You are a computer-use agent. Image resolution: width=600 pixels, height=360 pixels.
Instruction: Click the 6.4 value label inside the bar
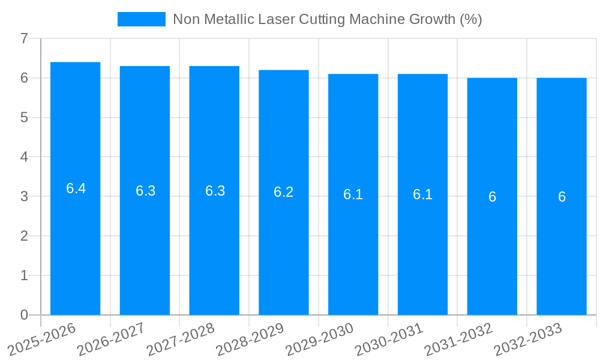click(76, 188)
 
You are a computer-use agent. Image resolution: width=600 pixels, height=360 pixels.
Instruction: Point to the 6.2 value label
click(284, 192)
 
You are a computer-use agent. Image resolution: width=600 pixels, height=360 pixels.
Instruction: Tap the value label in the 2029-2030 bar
click(353, 194)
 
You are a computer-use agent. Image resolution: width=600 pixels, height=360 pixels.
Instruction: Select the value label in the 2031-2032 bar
click(492, 197)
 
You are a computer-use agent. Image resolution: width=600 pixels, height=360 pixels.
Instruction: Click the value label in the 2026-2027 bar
click(145, 191)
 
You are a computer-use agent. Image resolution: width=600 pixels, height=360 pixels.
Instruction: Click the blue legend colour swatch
click(142, 19)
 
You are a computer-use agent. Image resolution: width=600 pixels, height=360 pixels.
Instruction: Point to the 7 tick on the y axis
click(24, 38)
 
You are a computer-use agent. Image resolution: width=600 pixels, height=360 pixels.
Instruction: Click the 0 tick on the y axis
click(24, 315)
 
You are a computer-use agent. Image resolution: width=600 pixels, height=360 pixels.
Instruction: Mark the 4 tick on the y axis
click(24, 157)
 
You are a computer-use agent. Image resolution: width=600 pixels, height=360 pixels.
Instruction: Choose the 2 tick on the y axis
click(24, 236)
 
